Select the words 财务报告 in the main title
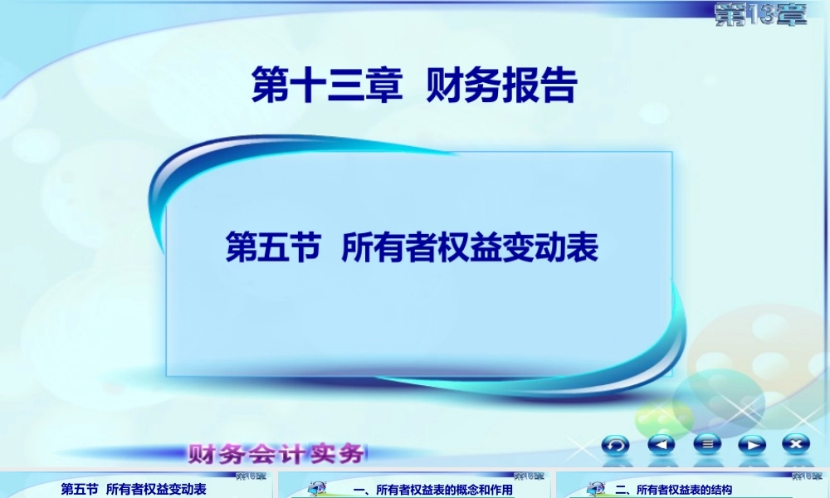click(500, 85)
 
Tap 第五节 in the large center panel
click(273, 247)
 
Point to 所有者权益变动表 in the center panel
click(470, 247)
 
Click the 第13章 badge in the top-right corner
click(760, 15)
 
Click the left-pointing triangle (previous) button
click(662, 445)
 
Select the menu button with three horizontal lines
click(706, 445)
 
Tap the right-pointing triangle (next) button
click(751, 445)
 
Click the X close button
click(796, 445)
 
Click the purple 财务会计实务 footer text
click(277, 454)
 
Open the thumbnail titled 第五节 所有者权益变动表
click(134, 489)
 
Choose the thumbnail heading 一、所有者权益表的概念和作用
click(432, 490)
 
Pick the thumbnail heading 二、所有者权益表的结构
click(673, 490)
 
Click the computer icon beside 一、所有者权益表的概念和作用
click(316, 488)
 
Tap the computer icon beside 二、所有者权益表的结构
click(593, 488)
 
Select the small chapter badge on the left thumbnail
click(250, 476)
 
